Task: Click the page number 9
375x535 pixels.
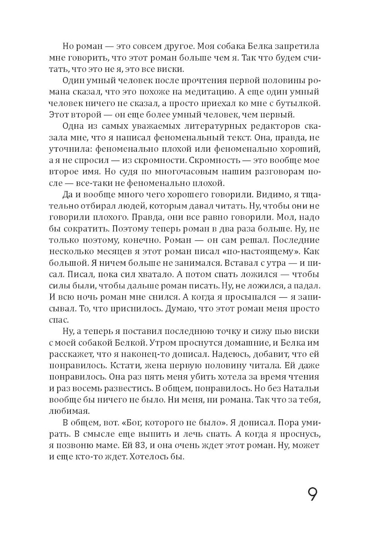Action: coord(312,494)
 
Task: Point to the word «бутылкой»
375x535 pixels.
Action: coord(298,103)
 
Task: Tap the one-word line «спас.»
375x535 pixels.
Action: coord(59,320)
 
